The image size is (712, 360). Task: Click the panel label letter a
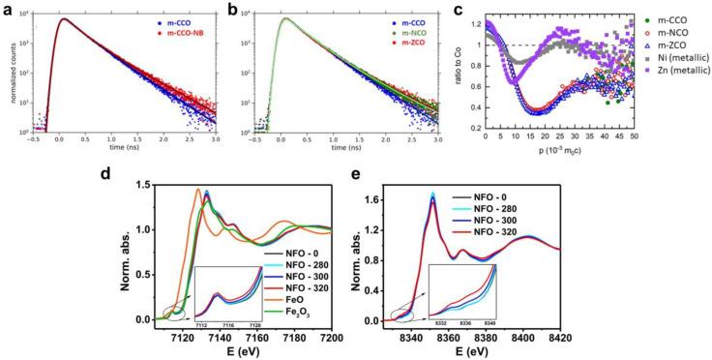tap(9, 10)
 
